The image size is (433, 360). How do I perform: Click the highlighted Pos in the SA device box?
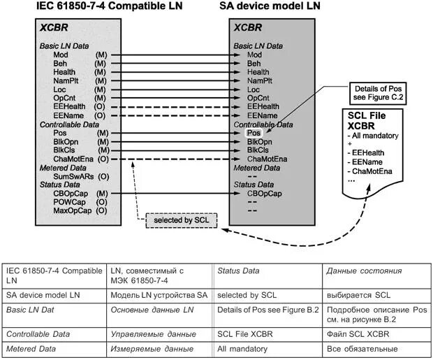tap(254, 132)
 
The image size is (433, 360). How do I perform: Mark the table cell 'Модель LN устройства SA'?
tap(159, 296)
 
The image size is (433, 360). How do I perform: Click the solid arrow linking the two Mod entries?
tap(175, 55)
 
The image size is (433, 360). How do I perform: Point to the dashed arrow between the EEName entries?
tap(175, 115)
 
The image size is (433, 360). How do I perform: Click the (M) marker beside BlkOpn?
tap(103, 141)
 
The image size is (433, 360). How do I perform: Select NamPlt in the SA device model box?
tap(260, 80)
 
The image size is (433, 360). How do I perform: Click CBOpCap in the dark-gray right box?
tap(265, 193)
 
